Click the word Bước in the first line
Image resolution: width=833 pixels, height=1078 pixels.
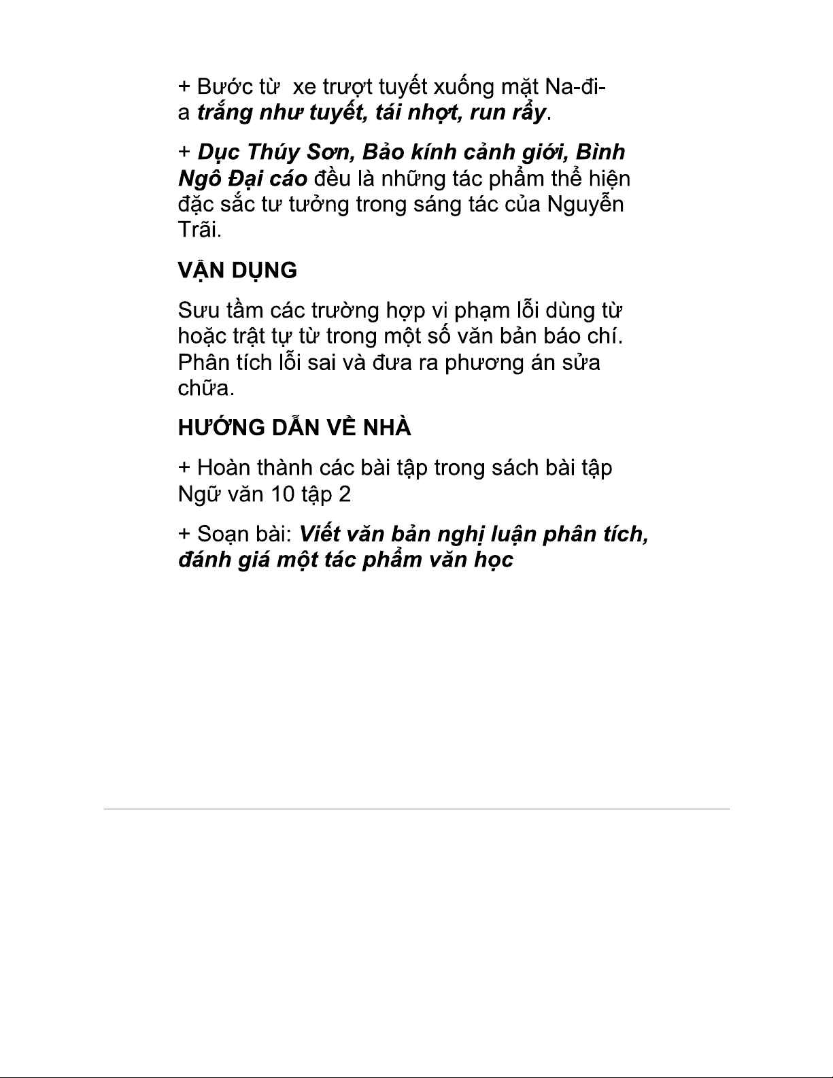click(220, 87)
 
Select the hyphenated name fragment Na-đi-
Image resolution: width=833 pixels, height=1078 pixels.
click(577, 87)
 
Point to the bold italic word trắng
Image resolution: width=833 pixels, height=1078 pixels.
click(225, 112)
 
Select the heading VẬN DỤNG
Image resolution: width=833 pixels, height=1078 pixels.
click(237, 270)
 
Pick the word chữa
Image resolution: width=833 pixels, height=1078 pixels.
click(205, 388)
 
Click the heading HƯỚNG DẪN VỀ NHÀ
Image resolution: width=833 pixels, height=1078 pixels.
click(294, 428)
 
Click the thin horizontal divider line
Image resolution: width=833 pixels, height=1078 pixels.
click(416, 809)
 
